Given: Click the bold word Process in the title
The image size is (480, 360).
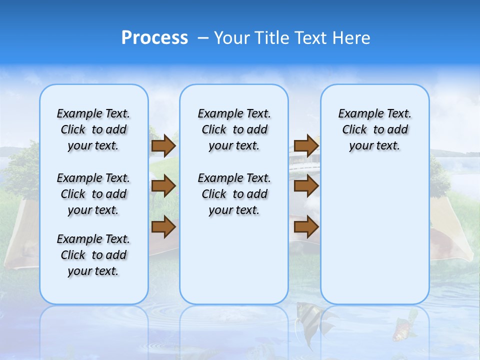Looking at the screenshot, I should tap(154, 38).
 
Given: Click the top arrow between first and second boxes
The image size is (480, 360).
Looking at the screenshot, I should tap(163, 146).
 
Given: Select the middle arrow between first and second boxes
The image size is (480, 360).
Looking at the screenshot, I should tap(163, 186).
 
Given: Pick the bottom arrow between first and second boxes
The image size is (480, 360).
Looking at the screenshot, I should tap(163, 227).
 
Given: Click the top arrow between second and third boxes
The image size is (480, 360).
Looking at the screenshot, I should tap(306, 146).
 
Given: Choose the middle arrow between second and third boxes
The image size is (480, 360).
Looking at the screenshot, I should tap(306, 186).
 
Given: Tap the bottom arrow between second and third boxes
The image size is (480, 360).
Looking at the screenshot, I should tap(306, 227).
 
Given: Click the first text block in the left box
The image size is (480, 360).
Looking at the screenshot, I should tap(93, 129).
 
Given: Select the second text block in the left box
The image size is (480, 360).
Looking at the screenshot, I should tap(93, 194).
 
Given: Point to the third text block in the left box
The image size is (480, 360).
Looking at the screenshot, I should tap(93, 255).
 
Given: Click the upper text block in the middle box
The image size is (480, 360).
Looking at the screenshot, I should tap(234, 129).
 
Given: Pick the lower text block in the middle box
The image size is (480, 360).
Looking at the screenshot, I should tap(234, 194).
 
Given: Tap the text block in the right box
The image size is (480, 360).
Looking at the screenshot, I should tap(374, 129).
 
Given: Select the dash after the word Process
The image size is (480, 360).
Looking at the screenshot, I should tap(202, 38).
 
